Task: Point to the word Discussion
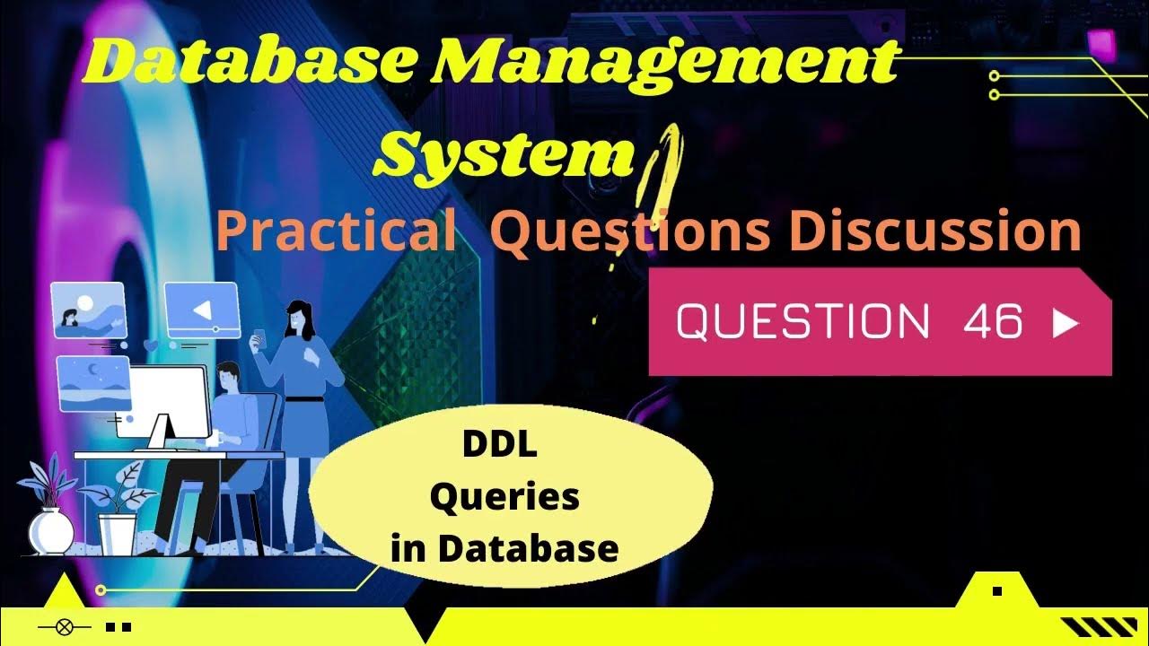pos(934,232)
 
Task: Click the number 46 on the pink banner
pos(993,321)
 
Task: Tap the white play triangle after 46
pos(1066,323)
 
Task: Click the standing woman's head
pos(297,317)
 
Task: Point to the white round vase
pos(51,530)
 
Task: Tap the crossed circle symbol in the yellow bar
pos(63,627)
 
